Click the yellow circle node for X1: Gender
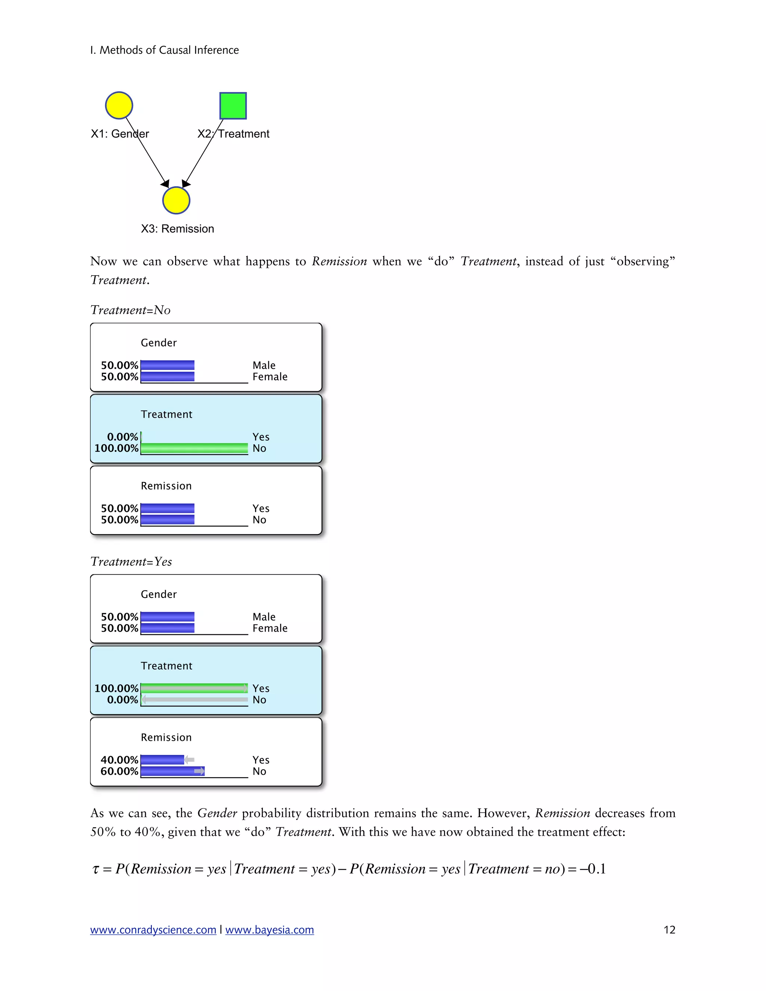tap(119, 105)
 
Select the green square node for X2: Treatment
tap(233, 106)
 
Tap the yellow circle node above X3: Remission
tap(176, 200)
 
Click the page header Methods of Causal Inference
tap(164, 50)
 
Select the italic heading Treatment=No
tap(130, 310)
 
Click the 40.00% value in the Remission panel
tap(119, 760)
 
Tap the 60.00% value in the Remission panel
tap(119, 771)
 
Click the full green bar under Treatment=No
tap(194, 448)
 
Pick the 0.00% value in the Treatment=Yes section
tap(123, 700)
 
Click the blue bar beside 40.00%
tap(162, 760)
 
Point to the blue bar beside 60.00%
tap(172, 771)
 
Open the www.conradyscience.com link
tap(153, 930)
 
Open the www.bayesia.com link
tap(270, 930)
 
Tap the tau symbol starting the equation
tap(95, 869)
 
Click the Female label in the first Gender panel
tap(270, 377)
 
